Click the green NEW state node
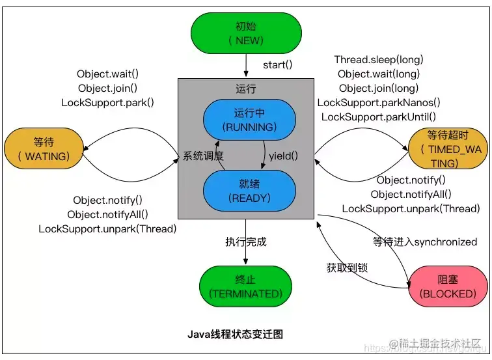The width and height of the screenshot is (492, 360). (x=246, y=33)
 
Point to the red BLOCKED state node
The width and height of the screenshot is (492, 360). (x=448, y=286)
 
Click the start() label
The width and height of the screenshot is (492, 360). (x=278, y=65)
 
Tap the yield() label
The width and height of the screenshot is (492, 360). (x=283, y=156)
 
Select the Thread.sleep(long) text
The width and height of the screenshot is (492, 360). (x=378, y=60)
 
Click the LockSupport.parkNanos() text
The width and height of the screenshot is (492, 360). (x=379, y=102)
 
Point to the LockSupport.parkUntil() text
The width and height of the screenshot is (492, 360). (x=379, y=117)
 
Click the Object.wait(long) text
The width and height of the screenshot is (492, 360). (x=379, y=74)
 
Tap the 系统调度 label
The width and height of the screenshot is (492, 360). (x=203, y=156)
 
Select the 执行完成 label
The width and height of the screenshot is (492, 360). (x=246, y=242)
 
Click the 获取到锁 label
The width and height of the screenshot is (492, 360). (x=348, y=268)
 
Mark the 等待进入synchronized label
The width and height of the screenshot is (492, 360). (x=425, y=242)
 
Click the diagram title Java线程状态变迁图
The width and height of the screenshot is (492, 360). (x=236, y=334)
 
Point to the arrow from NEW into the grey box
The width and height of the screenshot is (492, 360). (x=246, y=66)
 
